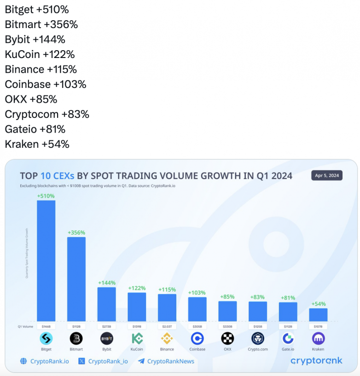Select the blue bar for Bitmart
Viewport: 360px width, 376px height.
(x=76, y=278)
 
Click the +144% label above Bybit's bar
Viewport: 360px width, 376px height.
(x=106, y=283)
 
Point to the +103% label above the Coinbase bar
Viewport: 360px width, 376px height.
(x=197, y=293)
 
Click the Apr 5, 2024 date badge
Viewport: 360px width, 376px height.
(x=327, y=175)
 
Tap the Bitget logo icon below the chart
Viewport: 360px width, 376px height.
(x=46, y=339)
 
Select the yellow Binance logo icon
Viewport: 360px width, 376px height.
(x=167, y=339)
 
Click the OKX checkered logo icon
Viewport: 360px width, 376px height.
(x=227, y=339)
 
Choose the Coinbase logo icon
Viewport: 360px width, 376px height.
(x=197, y=339)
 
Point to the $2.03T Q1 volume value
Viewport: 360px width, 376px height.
(x=167, y=326)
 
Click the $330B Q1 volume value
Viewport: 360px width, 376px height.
(x=227, y=326)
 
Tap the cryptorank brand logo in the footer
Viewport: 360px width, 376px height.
(x=316, y=361)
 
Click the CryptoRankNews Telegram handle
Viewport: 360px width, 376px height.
(x=170, y=361)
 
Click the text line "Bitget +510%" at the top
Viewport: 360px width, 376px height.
(x=37, y=10)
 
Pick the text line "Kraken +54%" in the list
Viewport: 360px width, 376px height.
(x=37, y=144)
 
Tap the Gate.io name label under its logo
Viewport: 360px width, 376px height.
(x=288, y=349)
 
